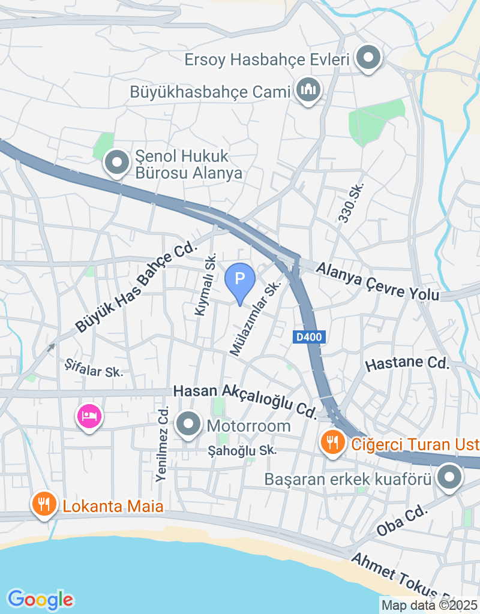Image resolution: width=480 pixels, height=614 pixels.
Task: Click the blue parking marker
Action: tap(240, 280)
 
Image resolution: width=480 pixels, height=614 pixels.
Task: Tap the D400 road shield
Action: tap(310, 337)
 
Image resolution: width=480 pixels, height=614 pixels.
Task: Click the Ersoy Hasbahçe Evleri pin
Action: tap(368, 58)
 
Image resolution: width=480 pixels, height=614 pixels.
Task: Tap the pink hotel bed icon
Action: tap(89, 415)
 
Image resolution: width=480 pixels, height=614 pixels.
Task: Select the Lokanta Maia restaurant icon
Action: tap(44, 504)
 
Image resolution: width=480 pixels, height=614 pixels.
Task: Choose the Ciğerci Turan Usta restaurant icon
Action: tap(332, 443)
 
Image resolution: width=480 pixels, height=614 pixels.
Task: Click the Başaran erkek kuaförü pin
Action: tap(449, 478)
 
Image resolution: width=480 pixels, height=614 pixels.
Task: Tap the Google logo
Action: tap(40, 599)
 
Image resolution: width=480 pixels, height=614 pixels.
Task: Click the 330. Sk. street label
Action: tap(351, 204)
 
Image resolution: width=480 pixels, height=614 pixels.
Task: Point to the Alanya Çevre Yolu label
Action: tap(379, 281)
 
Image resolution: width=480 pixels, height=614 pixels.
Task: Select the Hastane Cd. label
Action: tap(407, 363)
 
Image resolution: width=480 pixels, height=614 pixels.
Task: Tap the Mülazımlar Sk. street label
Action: tap(256, 320)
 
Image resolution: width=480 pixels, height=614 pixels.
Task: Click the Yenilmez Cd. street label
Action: tap(161, 444)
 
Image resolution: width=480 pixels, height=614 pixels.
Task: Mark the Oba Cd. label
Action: tap(402, 520)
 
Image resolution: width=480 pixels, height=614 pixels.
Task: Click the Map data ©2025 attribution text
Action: tap(430, 605)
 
